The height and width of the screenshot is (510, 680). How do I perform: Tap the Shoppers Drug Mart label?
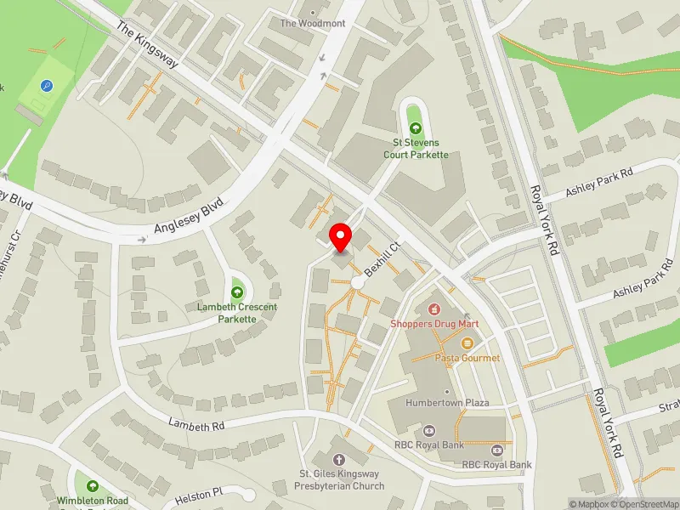pyautogui.click(x=434, y=324)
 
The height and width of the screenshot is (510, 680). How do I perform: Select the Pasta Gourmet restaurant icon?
pyautogui.click(x=467, y=343)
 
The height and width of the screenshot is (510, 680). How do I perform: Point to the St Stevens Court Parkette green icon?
pyautogui.click(x=415, y=128)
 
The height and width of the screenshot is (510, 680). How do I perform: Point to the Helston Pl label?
pyautogui.click(x=197, y=492)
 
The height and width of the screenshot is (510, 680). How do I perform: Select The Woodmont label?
pyautogui.click(x=313, y=23)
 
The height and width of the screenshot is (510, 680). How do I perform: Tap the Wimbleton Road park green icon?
pyautogui.click(x=92, y=486)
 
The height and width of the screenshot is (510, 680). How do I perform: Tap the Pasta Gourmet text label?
pyautogui.click(x=467, y=358)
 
